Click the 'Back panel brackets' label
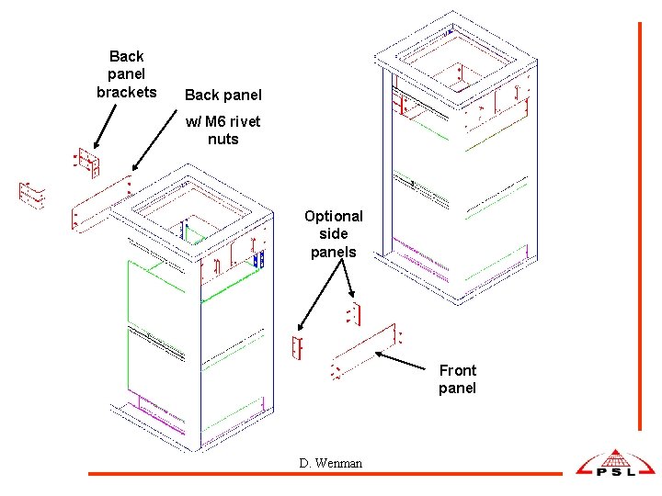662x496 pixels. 126,74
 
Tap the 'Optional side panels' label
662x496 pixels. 335,233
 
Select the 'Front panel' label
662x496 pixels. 457,378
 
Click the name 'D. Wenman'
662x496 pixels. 330,463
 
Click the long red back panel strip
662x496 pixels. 102,203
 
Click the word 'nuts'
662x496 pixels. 223,140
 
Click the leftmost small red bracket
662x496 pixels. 31,194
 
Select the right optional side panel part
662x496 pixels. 353,314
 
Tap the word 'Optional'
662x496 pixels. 334,217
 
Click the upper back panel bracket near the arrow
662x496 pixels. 86,163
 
